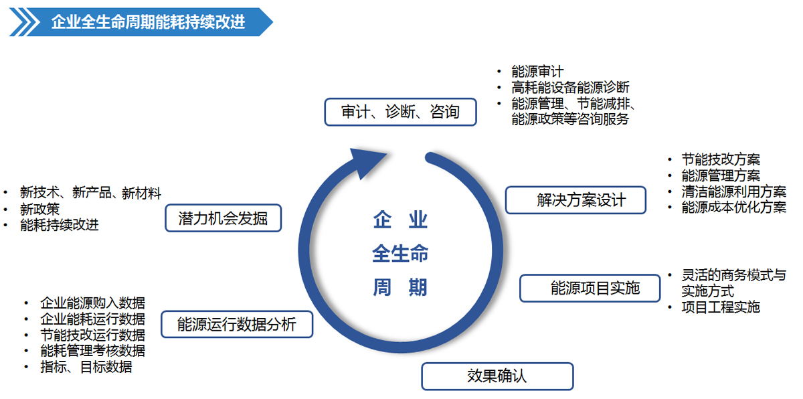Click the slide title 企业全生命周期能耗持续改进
point(148,22)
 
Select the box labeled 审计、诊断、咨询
point(400,112)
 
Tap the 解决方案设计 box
point(575,200)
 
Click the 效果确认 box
point(497,376)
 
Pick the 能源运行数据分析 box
point(237,325)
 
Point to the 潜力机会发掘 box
point(223,218)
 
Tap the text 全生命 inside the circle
point(400,254)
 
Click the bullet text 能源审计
point(537,72)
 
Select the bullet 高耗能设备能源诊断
point(570,88)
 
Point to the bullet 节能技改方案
point(721,159)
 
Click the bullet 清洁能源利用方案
point(733,191)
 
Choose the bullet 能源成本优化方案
point(733,208)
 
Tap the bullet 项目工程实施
point(721,307)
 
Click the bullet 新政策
point(40,209)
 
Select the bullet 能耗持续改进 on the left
point(60,225)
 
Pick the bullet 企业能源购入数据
point(92,303)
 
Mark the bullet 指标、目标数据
point(86,367)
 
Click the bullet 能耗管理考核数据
point(92,351)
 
